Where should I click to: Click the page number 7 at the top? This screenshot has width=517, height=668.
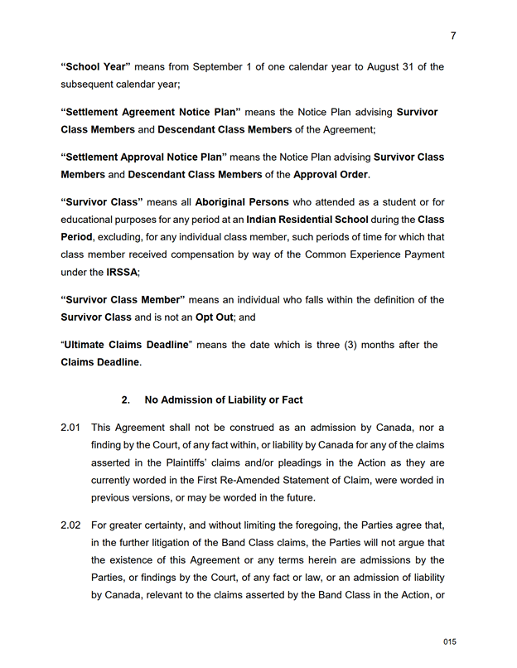(x=453, y=36)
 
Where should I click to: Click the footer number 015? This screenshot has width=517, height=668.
(x=450, y=641)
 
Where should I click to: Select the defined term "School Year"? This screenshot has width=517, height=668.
(x=96, y=67)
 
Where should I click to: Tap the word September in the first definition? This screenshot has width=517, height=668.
(x=214, y=67)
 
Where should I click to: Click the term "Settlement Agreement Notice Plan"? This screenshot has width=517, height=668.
(x=151, y=112)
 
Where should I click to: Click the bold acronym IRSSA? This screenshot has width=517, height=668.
(x=123, y=272)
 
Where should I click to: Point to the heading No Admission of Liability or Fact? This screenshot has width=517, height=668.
(x=224, y=400)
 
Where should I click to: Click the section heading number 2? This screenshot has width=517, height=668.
(x=126, y=400)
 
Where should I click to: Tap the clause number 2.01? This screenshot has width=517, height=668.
(x=70, y=428)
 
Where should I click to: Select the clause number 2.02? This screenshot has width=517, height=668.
(x=70, y=525)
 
